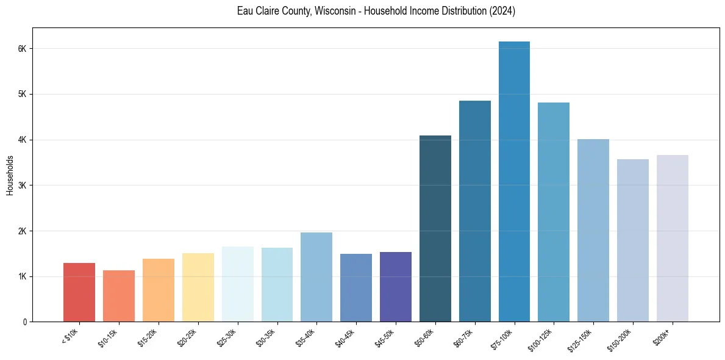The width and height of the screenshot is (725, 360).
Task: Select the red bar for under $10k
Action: pyautogui.click(x=79, y=292)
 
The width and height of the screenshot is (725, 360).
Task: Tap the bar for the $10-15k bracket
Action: pyautogui.click(x=119, y=296)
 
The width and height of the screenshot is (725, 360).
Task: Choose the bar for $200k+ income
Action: pyautogui.click(x=673, y=239)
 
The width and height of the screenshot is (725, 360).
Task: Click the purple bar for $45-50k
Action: pyautogui.click(x=396, y=287)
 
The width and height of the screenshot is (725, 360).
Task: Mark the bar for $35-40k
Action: pyautogui.click(x=316, y=277)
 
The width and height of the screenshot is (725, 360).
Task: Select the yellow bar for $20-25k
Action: pyautogui.click(x=198, y=287)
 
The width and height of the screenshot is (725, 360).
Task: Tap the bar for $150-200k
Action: pyautogui.click(x=633, y=240)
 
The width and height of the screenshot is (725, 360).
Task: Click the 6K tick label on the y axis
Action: pyautogui.click(x=23, y=49)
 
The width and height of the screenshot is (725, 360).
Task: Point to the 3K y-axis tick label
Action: pyautogui.click(x=23, y=185)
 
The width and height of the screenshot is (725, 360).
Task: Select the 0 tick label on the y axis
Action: pyautogui.click(x=25, y=322)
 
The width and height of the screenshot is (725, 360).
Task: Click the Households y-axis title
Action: pyautogui.click(x=10, y=175)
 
